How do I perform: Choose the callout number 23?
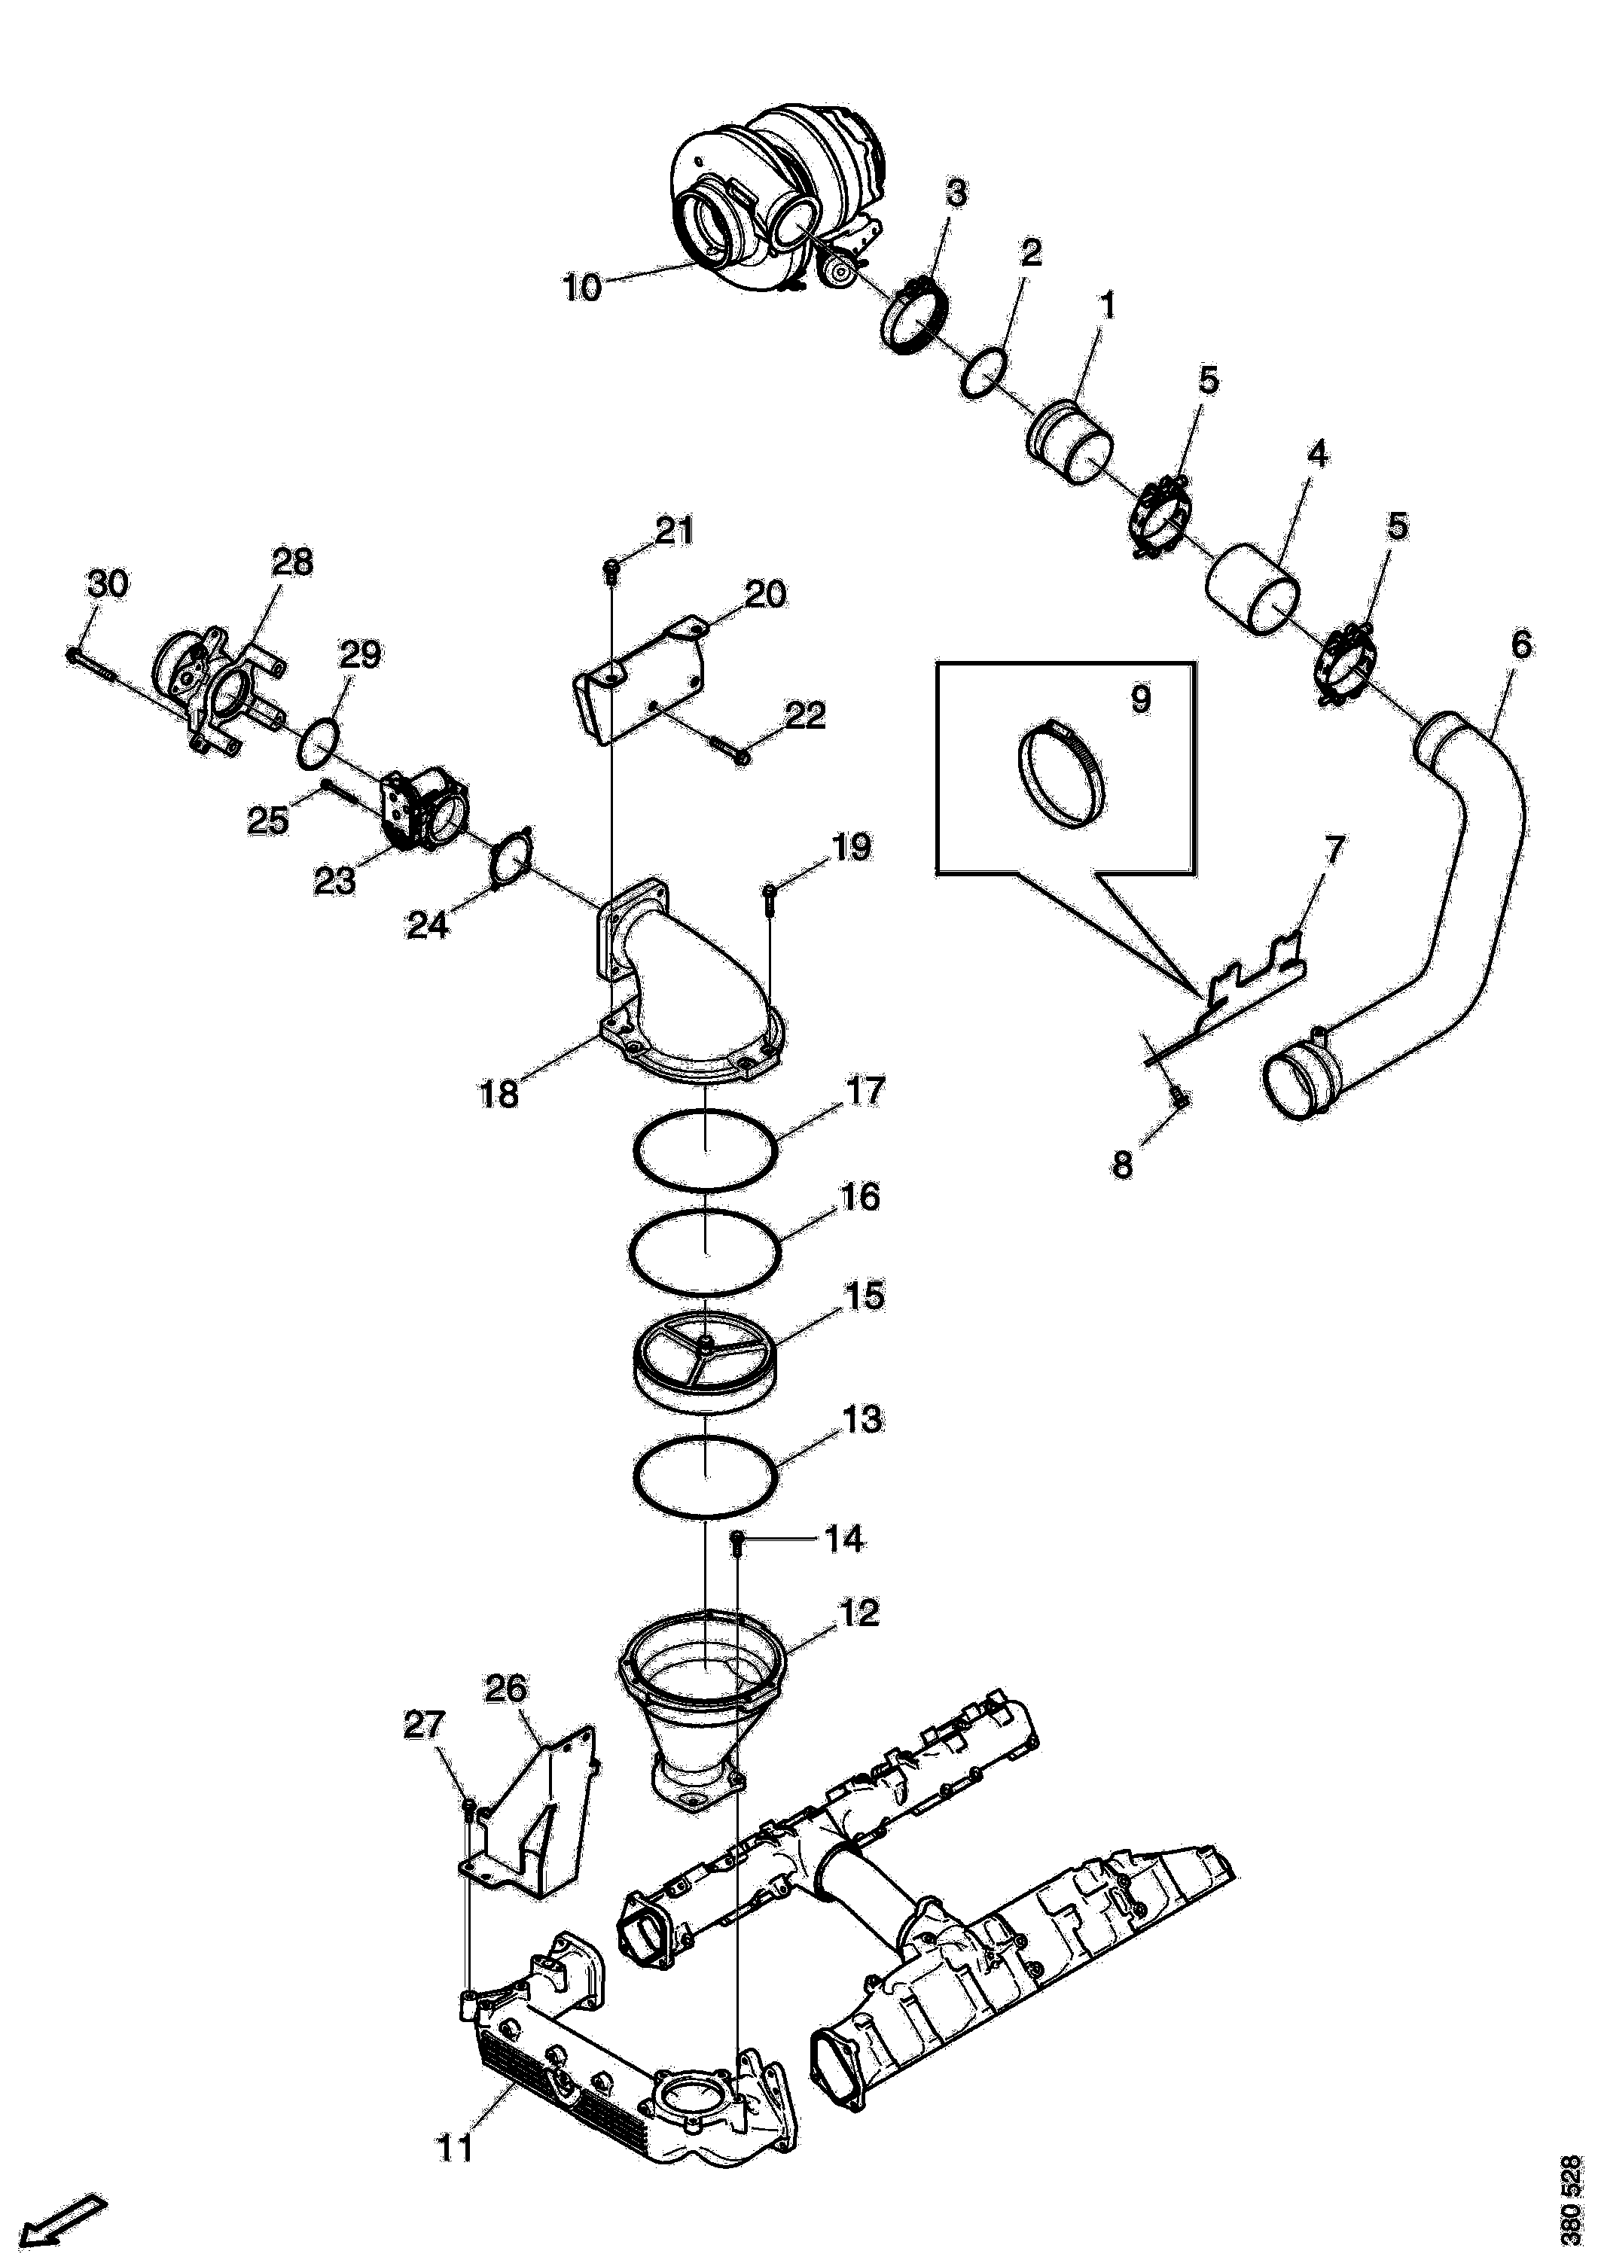tap(334, 880)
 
